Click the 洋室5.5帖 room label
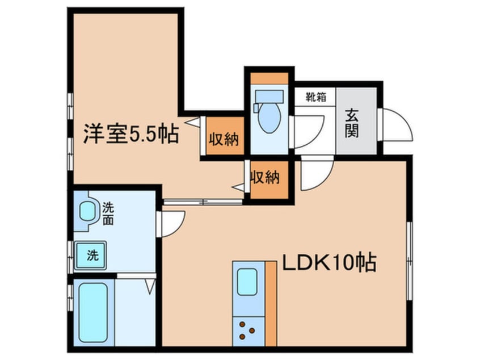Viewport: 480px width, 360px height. click(131, 135)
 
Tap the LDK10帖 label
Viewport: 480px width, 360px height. click(329, 262)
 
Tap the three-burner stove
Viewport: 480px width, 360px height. click(246, 329)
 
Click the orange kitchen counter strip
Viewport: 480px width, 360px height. click(271, 304)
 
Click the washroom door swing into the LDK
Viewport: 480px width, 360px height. click(174, 223)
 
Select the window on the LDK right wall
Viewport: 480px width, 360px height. click(410, 258)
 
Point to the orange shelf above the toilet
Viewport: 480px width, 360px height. click(269, 78)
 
